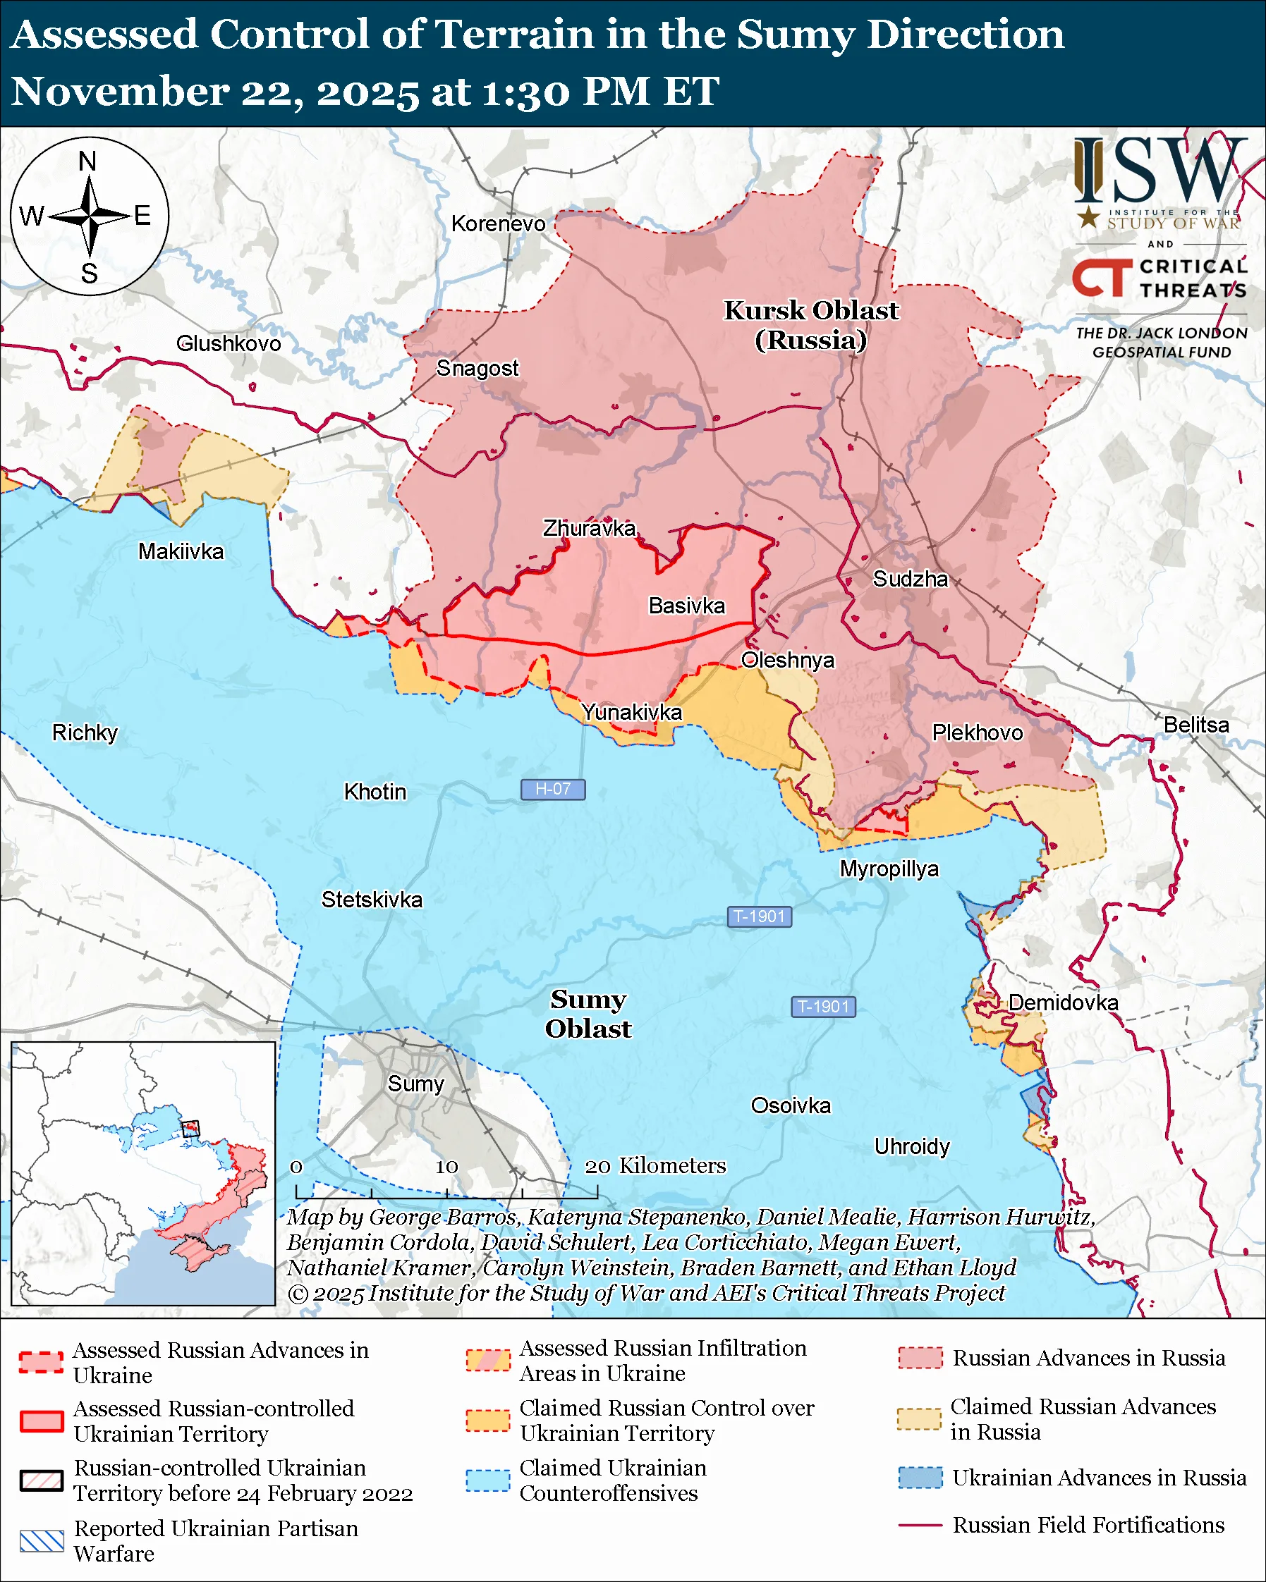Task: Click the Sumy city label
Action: (x=415, y=1084)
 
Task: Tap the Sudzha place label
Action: (x=910, y=579)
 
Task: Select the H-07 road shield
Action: (x=553, y=789)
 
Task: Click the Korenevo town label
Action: (x=499, y=223)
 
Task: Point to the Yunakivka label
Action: (x=631, y=712)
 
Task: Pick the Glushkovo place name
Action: (x=229, y=343)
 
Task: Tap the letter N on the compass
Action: (x=88, y=161)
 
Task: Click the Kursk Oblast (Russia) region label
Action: (x=811, y=325)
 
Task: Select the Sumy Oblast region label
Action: (x=588, y=1014)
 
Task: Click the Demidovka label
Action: (x=1063, y=1002)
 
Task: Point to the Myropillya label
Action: (x=889, y=869)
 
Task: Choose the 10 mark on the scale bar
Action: (x=446, y=1167)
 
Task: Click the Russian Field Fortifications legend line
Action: (x=920, y=1525)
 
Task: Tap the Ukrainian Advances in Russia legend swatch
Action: (x=920, y=1477)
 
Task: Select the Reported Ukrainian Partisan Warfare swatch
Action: (x=42, y=1541)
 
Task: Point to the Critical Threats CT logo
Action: (x=1102, y=278)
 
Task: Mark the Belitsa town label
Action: (x=1195, y=725)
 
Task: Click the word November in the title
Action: (x=120, y=92)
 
